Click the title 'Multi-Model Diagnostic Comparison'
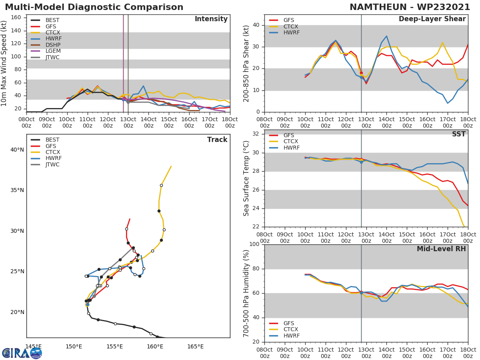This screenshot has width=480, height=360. coord(94,7)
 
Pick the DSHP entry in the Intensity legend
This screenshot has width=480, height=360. coord(52,45)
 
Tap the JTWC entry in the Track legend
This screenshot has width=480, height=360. coord(52,164)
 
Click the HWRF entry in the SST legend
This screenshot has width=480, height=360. coord(291,148)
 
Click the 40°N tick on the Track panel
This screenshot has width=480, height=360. coord(17,150)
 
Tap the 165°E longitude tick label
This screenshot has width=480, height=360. coord(195,346)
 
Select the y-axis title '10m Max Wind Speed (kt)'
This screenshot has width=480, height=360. coord(4,63)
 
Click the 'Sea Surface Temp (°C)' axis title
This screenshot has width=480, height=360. coord(246,178)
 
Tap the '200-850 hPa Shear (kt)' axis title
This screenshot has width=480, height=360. coord(246,63)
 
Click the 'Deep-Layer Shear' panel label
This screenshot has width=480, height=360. coord(432,19)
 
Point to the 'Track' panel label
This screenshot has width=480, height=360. coord(217,140)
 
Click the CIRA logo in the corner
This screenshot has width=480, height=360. coord(22,353)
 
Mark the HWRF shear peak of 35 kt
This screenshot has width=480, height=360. coord(386,36)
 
